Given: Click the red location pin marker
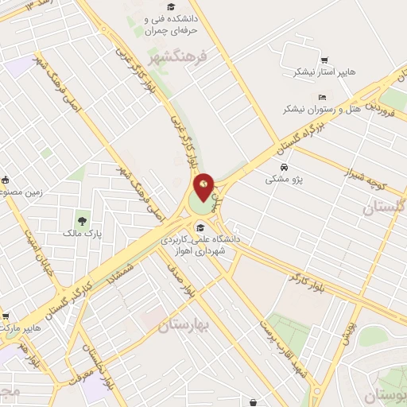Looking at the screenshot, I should (204, 187).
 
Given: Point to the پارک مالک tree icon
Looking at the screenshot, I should (82, 221).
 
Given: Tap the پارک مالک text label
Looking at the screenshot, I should (83, 234).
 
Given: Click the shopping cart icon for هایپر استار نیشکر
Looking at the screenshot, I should (324, 60).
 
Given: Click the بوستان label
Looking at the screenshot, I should (386, 395).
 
